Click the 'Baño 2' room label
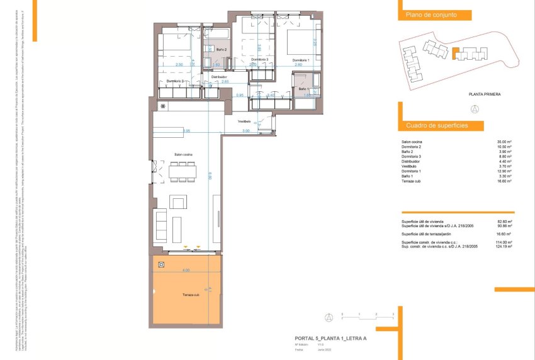pos(221,49)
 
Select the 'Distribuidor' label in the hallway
pos(218,77)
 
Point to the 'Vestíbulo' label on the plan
pos(244,121)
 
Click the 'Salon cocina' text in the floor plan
pos(183,154)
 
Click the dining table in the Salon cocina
pos(183,171)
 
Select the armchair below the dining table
pos(179,203)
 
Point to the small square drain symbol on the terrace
pos(162,264)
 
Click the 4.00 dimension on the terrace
pos(186,270)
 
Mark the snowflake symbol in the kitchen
pos(162,106)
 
